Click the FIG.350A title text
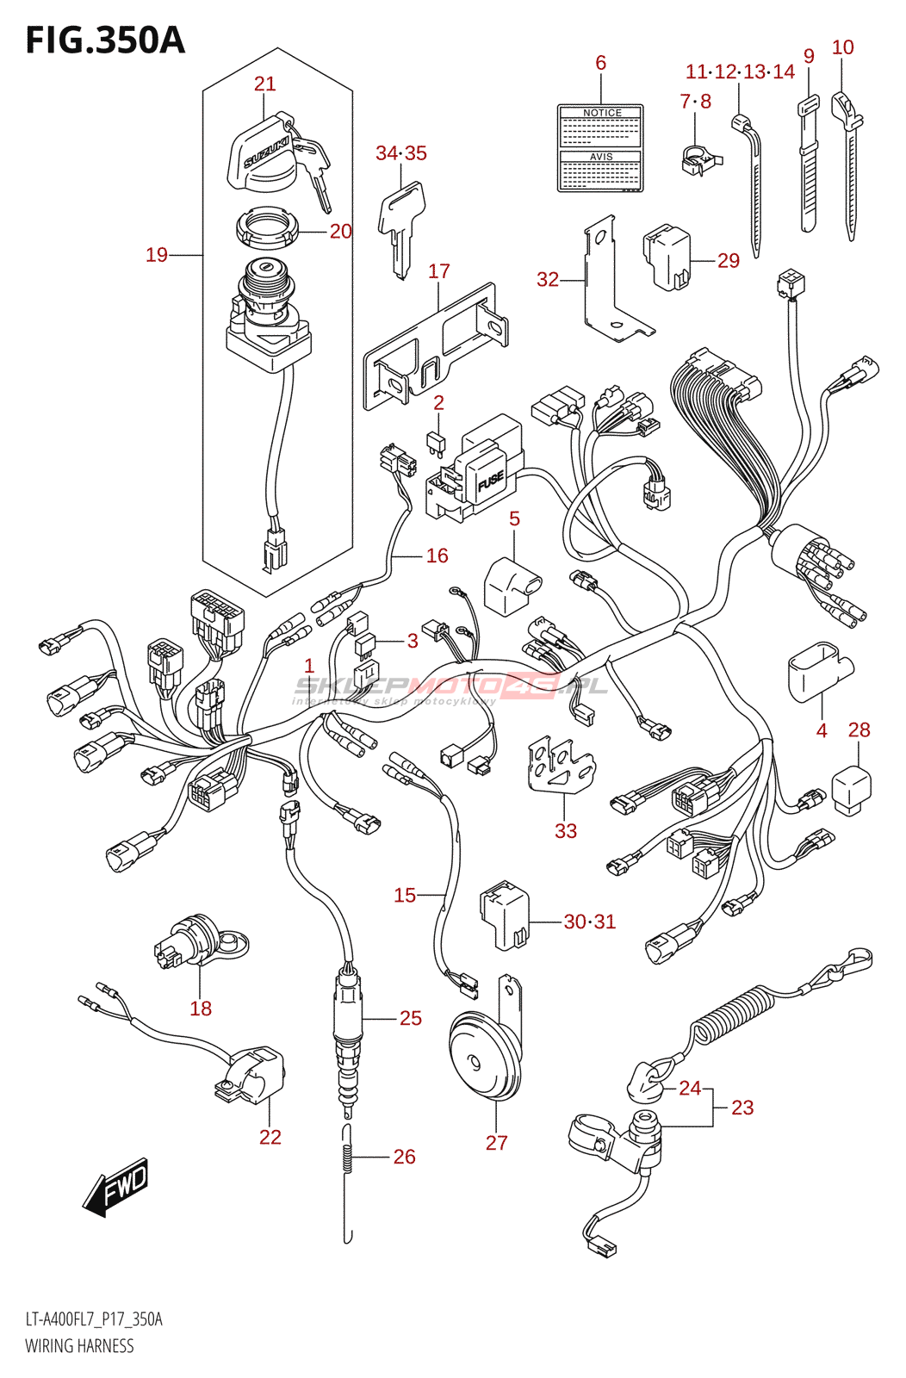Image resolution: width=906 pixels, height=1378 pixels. point(105,40)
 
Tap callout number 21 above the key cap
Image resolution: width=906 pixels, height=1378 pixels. point(264,84)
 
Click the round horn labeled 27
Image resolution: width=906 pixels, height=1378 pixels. point(483,1058)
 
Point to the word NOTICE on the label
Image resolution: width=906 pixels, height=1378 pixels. point(601,113)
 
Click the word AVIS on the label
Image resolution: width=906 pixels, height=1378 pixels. point(601,157)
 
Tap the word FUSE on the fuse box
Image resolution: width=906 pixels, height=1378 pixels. point(490,481)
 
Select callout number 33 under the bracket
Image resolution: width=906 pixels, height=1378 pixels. point(565,830)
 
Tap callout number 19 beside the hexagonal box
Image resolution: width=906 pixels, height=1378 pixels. point(157,254)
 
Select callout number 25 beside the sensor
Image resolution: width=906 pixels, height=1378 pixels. point(411,1018)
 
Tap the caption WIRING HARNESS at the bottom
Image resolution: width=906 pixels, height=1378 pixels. point(79,1345)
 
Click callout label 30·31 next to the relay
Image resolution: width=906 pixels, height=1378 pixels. point(590,922)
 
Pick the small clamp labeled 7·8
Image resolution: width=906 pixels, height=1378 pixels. point(699,158)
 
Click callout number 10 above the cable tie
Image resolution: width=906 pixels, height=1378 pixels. point(842,47)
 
